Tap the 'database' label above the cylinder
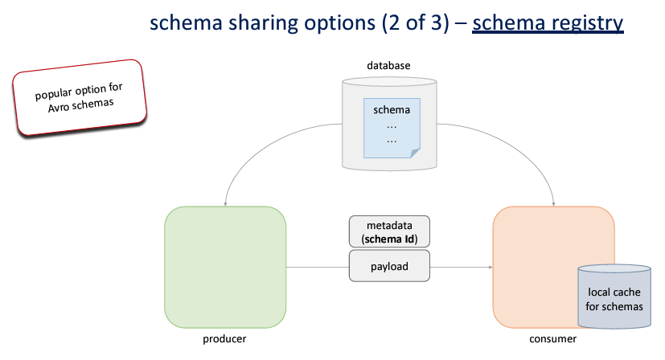point(388,64)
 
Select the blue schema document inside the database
point(392,129)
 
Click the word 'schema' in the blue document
point(392,110)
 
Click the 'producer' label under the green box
point(224,339)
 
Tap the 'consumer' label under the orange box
point(553,339)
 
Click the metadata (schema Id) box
point(389,232)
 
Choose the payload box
point(389,265)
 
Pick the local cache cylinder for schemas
point(615,297)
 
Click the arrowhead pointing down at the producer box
point(226,202)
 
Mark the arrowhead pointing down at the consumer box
point(554,202)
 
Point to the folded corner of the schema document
point(413,152)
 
